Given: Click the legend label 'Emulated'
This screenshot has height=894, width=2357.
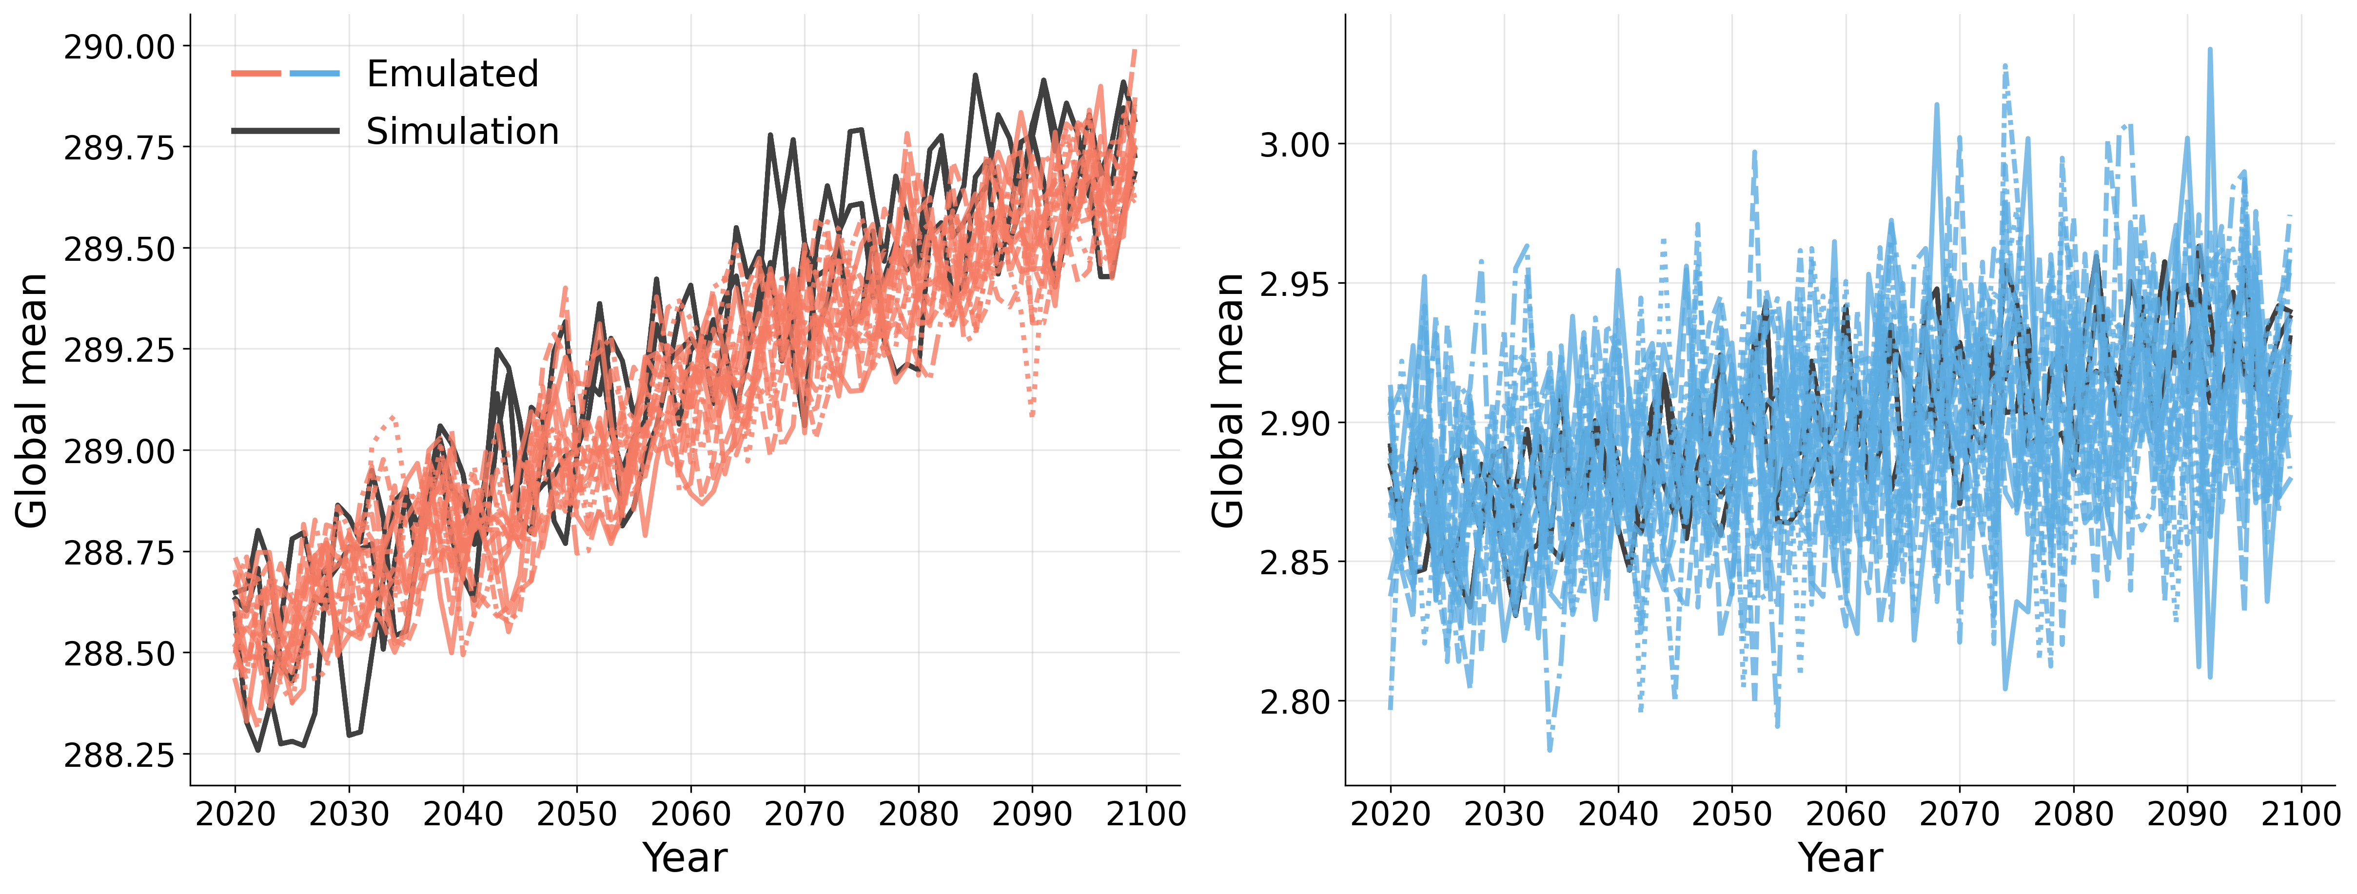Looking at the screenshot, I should point(452,74).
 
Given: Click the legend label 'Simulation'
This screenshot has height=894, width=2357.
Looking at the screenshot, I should point(462,132).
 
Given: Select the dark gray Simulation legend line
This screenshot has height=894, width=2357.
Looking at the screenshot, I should point(285,131).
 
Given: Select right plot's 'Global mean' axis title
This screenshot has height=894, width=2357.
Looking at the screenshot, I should point(1228,401).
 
